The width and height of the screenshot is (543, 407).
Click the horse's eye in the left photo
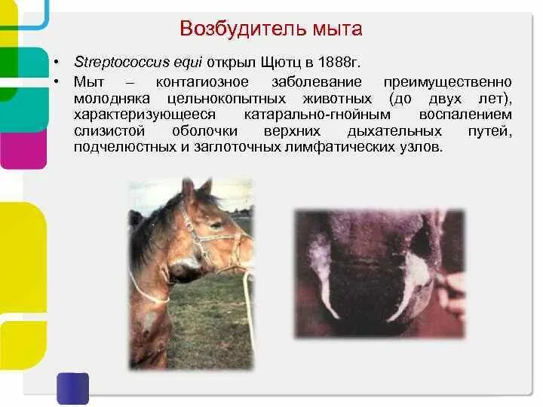(216, 224)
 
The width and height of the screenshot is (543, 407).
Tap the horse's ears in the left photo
(195, 187)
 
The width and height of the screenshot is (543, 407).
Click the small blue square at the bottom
(72, 387)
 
